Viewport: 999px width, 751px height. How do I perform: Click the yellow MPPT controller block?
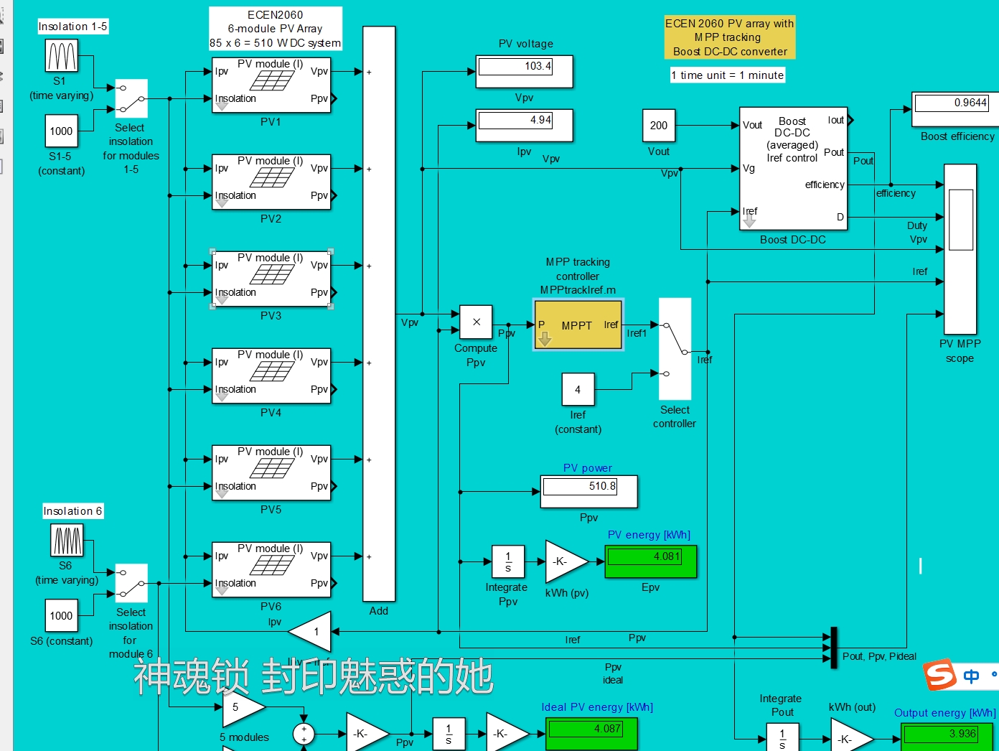pos(578,325)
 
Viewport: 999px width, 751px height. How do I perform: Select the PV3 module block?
pos(271,279)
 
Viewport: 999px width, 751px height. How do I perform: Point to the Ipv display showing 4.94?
pos(525,125)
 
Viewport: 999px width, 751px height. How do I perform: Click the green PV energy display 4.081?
pos(651,561)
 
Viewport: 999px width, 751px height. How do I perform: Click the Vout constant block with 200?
pos(659,126)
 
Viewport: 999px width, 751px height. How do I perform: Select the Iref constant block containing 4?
pos(578,390)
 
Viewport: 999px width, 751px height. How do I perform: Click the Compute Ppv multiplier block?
pos(476,322)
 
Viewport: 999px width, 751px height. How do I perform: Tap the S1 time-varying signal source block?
pos(62,56)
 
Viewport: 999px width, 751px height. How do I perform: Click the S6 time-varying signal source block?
pos(67,541)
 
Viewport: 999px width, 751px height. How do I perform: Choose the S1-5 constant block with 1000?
pos(61,131)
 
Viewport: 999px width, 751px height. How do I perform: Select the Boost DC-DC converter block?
pos(793,169)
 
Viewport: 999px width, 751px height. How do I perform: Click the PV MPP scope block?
pos(960,249)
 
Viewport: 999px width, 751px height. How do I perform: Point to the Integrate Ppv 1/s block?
pos(508,561)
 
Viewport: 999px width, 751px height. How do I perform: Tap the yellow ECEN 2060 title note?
pos(729,37)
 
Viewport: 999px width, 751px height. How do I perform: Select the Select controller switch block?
pos(675,349)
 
